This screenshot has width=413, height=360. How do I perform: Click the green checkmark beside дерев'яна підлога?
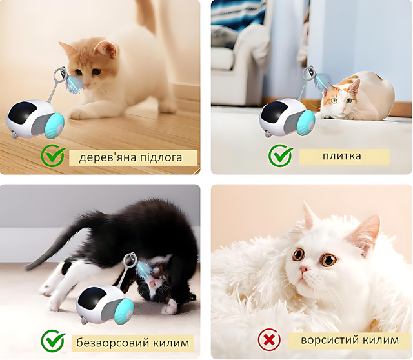(53, 156)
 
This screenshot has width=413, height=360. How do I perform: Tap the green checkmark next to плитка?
(281, 155)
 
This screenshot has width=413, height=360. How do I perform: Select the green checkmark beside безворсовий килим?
(53, 341)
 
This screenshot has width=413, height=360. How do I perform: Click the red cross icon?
(269, 340)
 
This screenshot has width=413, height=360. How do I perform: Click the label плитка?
(342, 155)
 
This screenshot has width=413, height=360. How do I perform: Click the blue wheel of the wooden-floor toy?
(54, 125)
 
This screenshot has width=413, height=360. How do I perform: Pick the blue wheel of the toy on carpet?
(125, 311)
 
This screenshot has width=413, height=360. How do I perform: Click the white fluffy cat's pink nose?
(304, 269)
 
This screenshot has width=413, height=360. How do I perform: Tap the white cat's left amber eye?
(298, 254)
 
